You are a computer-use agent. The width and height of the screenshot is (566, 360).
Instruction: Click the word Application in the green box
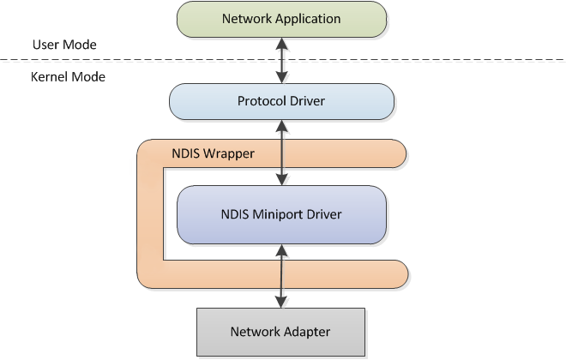pyautogui.click(x=306, y=18)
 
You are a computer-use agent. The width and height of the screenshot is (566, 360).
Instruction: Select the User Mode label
pyautogui.click(x=64, y=45)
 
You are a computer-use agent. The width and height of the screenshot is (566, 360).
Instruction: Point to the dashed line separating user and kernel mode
pyautogui.click(x=429, y=59)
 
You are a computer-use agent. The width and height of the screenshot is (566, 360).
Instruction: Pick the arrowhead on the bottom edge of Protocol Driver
pyautogui.click(x=281, y=124)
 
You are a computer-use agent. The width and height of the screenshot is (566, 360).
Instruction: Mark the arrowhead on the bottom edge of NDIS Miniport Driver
pyautogui.click(x=281, y=249)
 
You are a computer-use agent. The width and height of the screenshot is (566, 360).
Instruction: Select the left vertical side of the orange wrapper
pyautogui.click(x=149, y=214)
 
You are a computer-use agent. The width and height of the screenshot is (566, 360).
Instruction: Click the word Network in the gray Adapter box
pyautogui.click(x=255, y=331)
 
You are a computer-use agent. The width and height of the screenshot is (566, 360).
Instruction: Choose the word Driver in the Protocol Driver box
pyautogui.click(x=306, y=101)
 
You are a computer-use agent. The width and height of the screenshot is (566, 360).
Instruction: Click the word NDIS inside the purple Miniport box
pyautogui.click(x=237, y=213)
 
